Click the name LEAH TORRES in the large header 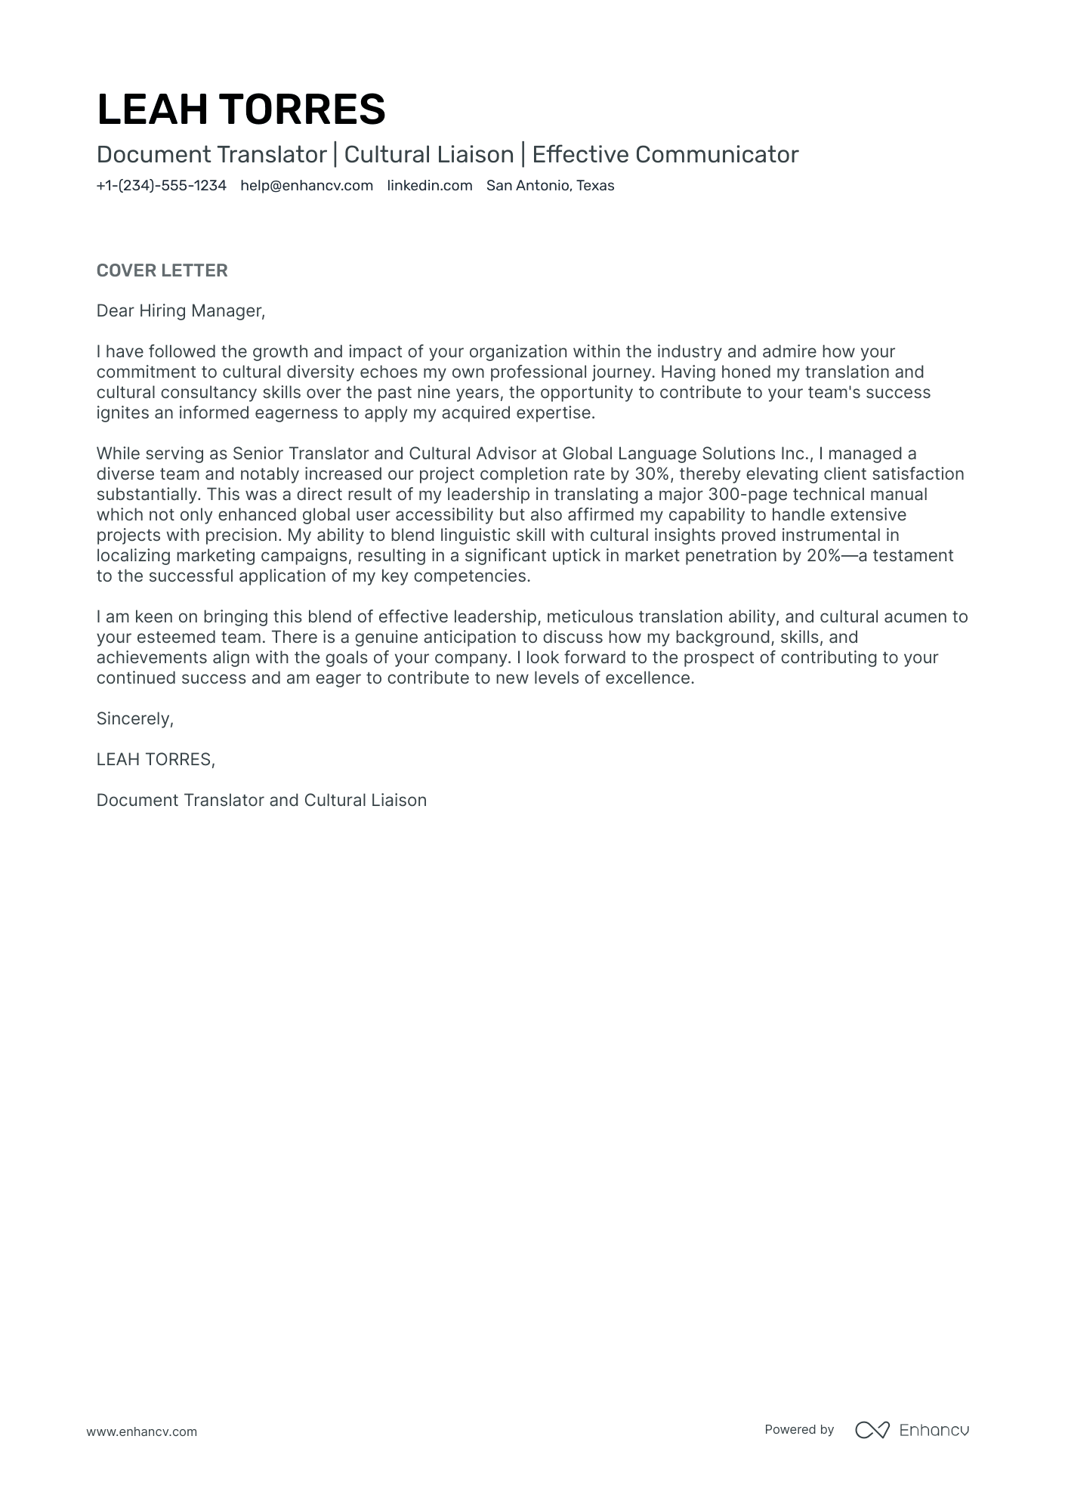coord(241,109)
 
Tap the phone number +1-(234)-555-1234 coord(161,186)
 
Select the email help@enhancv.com coord(307,186)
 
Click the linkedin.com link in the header coord(429,186)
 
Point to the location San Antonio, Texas coord(550,186)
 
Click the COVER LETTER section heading coord(162,270)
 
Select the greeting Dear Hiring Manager coord(181,311)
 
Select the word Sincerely coord(134,719)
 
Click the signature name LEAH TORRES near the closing coord(155,760)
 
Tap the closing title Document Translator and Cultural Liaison coord(261,801)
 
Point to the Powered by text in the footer coord(798,1430)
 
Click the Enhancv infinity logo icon coord(872,1430)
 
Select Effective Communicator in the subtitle coord(665,155)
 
